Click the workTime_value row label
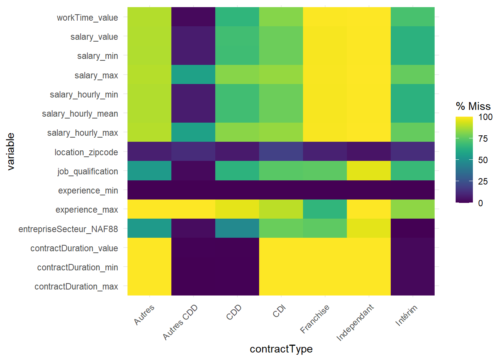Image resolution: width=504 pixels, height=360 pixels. coord(87,18)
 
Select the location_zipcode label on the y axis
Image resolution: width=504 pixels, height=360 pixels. coord(86,152)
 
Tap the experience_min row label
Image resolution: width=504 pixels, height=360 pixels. coord(88,190)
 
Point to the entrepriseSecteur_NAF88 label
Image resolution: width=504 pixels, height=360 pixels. coord(68,229)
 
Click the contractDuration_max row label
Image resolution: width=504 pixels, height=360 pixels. coord(76,286)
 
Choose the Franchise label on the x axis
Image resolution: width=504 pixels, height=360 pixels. coord(315,319)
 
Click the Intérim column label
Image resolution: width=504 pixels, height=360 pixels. coord(406,315)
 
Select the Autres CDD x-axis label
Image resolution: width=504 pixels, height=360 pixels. coord(180,322)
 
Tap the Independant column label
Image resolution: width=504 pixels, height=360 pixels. coord(355,322)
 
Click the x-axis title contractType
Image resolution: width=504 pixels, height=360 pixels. coord(281,349)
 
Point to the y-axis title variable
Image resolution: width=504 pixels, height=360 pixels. coord(10,151)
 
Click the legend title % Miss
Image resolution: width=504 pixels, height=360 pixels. coord(473,106)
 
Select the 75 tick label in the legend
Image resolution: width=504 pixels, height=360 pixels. coord(483,139)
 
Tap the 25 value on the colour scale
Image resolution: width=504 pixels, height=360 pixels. coord(483,181)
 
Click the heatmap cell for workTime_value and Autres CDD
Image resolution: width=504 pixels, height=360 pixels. coord(193,17)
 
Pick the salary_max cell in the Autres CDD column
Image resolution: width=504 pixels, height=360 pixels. coord(193,75)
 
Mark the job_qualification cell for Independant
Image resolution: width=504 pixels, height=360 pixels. coord(369,171)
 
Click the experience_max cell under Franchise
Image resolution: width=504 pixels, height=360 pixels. coord(325,209)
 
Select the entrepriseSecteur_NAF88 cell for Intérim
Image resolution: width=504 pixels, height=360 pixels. coord(412,228)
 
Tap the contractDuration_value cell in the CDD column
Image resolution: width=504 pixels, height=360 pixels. coord(237,247)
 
